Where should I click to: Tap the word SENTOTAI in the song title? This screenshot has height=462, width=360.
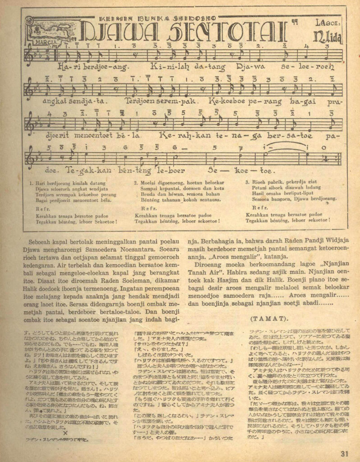click(225, 31)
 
